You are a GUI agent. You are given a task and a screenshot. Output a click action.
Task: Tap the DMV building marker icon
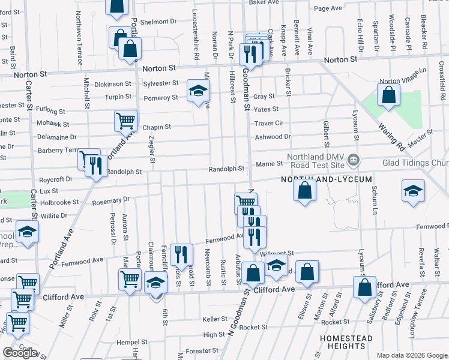pos(354,159)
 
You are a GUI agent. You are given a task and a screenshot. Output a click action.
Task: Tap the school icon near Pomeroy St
pos(197,91)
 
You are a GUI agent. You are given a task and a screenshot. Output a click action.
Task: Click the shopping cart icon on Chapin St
pos(125,121)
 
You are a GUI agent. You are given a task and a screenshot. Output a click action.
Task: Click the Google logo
pos(20,353)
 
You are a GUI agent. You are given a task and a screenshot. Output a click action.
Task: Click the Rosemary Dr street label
pos(111,201)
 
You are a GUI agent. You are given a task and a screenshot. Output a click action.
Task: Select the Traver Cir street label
pos(268,123)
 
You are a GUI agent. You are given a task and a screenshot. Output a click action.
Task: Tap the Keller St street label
pos(214,319)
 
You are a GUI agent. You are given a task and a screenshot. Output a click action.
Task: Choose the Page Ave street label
pos(328,8)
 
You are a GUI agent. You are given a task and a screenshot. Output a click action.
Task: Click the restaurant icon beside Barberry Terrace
pos(96,165)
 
